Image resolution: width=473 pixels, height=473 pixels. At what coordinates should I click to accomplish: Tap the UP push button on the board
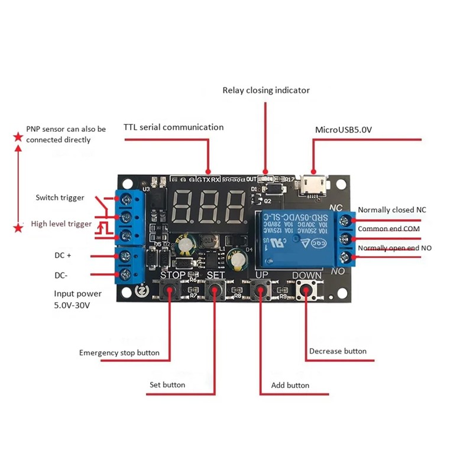point(259,290)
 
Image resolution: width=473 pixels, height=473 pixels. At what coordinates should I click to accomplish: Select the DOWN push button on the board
point(306,290)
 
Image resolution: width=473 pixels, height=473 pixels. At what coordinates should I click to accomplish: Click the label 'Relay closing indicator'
point(266,90)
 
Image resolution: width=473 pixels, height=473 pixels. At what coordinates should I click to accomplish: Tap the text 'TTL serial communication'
point(173,127)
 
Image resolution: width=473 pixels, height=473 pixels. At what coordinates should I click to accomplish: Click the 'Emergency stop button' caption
point(119,353)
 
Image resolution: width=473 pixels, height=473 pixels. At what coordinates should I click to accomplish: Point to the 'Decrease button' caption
point(338,351)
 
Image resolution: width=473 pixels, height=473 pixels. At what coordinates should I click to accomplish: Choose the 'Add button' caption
point(290,385)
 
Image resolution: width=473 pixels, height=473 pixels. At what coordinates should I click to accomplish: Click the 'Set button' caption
point(167,385)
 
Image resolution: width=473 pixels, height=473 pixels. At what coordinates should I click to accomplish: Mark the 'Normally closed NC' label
point(391,210)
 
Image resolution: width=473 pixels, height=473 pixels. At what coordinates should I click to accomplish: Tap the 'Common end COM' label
point(389,229)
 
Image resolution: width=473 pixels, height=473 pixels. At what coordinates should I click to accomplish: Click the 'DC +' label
point(63,255)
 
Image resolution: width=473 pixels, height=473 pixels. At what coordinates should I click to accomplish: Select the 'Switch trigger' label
point(60,197)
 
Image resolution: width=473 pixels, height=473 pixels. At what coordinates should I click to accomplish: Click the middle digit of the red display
point(208,205)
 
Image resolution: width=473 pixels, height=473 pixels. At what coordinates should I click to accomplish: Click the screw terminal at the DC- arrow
point(125,275)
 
